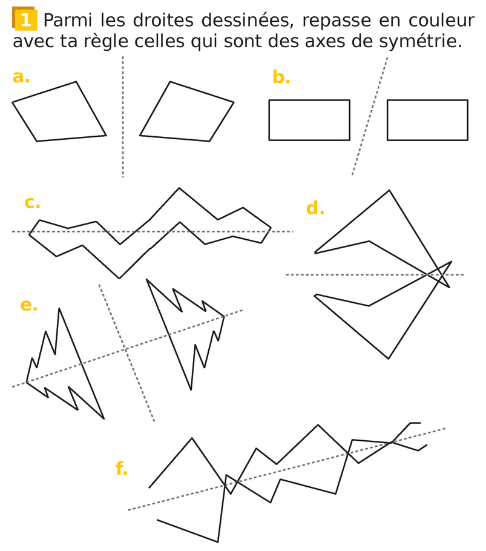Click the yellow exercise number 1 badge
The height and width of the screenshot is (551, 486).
[25, 19]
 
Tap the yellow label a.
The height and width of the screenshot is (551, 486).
[21, 77]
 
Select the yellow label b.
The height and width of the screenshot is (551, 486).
[281, 77]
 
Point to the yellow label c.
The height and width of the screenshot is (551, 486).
[32, 203]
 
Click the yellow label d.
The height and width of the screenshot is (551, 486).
[315, 208]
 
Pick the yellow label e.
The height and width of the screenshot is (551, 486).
[29, 305]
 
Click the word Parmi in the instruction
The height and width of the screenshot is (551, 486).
[67, 21]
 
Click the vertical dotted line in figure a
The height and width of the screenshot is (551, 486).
[123, 117]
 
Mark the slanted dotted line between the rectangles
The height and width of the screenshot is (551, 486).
[370, 116]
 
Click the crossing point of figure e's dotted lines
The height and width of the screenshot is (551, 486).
[125, 349]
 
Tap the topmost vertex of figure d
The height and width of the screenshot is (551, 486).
[389, 191]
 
